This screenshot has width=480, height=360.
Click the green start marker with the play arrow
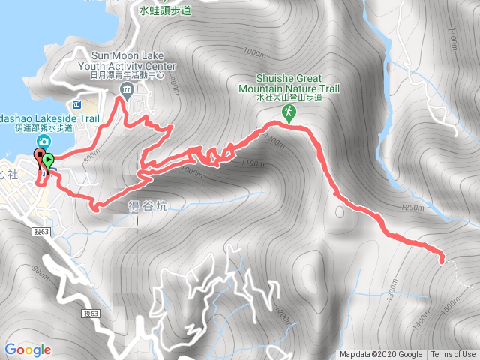(x=49, y=160)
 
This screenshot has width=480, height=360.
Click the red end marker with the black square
(x=38, y=157)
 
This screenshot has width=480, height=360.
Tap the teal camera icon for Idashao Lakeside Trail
(x=44, y=141)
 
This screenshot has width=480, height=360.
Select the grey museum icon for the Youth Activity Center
(x=126, y=91)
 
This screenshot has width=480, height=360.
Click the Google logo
(x=28, y=349)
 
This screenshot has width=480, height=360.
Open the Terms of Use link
(x=453, y=355)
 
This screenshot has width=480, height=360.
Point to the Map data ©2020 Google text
(x=380, y=355)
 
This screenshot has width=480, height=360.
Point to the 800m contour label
(x=91, y=155)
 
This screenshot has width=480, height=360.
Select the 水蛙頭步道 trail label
(x=166, y=11)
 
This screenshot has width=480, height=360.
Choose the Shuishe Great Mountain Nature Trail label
(x=289, y=82)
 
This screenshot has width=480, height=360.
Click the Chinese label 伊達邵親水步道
(x=43, y=128)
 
